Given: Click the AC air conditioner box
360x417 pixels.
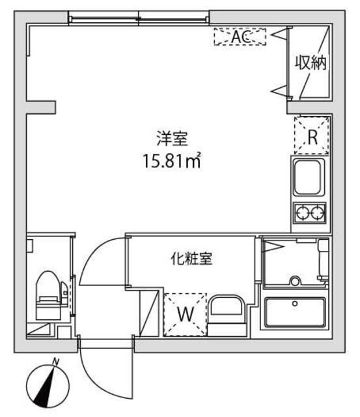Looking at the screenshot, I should [240, 37].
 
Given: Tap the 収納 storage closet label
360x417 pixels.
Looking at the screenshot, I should [311, 63].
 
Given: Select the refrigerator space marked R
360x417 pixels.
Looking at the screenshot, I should [312, 137].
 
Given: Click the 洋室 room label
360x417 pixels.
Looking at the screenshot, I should [171, 138].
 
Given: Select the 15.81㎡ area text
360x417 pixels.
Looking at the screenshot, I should [171, 160].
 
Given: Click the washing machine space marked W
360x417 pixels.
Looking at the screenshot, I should [185, 315].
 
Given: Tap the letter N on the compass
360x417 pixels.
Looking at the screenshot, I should [56, 362].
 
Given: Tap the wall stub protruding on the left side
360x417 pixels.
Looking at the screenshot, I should [40, 106].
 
